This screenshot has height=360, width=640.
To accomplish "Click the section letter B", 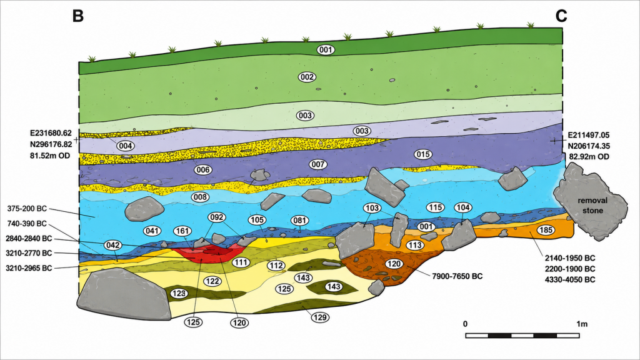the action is coord(78,16).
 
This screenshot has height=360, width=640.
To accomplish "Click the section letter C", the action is coord(561,16).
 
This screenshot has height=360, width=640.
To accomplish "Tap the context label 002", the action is coord(307,77).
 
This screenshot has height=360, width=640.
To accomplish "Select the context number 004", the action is coord(125,146).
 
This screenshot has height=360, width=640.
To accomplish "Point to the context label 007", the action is coord(318,164).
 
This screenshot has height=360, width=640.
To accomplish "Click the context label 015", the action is coord(423,154).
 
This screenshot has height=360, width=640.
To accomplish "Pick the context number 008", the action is coord(201,197).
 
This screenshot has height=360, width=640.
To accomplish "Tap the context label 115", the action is coord(435,207).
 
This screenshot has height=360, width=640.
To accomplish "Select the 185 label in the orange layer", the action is coord(546,230).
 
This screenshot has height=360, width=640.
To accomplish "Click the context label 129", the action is coord(321,317).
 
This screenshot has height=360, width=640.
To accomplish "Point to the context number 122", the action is coord(212,281).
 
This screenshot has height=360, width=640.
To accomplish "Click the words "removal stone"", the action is coord(592,205).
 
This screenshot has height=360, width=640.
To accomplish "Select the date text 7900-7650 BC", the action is coord(457,276).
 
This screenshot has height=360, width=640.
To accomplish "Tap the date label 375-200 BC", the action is coord(27,209).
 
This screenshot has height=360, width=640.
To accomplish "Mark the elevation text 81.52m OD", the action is coord(50,156).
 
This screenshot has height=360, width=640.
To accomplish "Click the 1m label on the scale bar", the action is coord(582,324).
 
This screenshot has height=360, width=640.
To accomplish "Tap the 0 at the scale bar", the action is coord(465,324).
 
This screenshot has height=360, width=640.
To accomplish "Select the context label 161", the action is coord(182,231).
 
